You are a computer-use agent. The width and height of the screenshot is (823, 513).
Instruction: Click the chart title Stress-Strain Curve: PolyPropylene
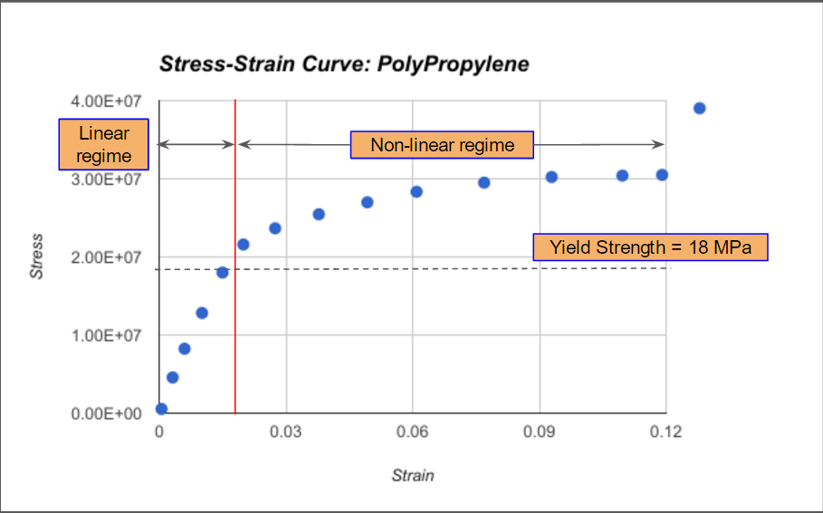(344, 64)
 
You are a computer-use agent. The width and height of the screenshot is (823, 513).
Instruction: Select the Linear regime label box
(104, 145)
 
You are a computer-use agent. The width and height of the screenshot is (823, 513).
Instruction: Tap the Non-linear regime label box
(442, 145)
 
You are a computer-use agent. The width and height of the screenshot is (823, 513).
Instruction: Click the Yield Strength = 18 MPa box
(650, 247)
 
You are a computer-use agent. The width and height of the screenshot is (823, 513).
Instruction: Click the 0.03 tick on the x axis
(285, 432)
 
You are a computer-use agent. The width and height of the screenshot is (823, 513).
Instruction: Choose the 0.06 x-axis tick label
(413, 432)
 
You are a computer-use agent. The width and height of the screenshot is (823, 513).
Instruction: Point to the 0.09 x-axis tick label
(540, 432)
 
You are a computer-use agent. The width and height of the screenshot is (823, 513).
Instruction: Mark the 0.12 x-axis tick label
(666, 432)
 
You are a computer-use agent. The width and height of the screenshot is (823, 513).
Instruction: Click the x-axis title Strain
(413, 475)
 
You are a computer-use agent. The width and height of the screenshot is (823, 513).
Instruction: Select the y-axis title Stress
(37, 256)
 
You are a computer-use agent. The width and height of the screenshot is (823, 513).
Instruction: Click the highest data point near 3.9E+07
(699, 109)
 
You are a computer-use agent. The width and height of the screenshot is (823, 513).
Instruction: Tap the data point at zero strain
(161, 409)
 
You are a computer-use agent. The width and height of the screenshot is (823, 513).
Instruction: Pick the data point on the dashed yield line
(222, 272)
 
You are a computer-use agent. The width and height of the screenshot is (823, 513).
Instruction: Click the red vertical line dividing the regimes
(235, 344)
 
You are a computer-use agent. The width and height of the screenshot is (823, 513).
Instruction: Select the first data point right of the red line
(243, 245)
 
